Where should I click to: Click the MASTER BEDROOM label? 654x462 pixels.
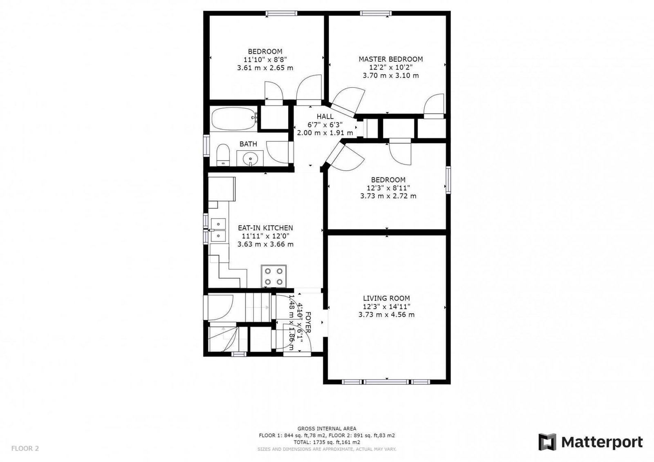click(x=391, y=59)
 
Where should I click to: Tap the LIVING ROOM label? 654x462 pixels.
click(x=386, y=298)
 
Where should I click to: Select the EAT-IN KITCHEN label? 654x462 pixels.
click(x=265, y=228)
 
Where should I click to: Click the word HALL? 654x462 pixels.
click(x=325, y=116)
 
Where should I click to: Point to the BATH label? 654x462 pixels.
click(x=248, y=144)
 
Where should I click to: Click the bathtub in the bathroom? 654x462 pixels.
click(x=234, y=119)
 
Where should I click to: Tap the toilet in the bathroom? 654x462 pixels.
click(x=223, y=155)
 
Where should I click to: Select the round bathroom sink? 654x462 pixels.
click(x=250, y=159)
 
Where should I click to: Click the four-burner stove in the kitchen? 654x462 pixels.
click(x=273, y=276)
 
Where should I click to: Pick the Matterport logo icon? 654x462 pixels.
click(x=547, y=442)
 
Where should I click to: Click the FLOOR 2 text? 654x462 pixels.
click(x=25, y=448)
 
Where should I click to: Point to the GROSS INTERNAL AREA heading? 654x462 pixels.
click(x=327, y=429)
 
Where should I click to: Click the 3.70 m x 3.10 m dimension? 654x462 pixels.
click(x=391, y=76)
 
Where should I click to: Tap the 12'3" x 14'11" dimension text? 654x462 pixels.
click(x=386, y=306)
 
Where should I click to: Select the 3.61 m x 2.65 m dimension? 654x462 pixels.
click(x=265, y=68)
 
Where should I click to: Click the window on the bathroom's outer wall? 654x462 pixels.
click(x=206, y=146)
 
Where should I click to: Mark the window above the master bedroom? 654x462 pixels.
click(x=376, y=13)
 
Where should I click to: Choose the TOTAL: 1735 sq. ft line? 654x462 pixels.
click(x=327, y=442)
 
